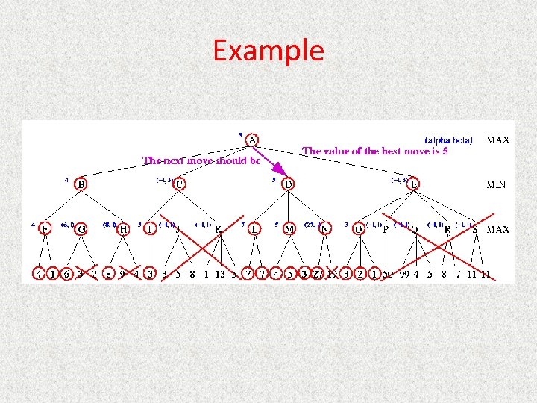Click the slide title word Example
[x=268, y=50]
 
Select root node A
[x=253, y=140]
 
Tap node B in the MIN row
[x=81, y=184]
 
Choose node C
[x=179, y=184]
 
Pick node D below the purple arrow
[x=289, y=184]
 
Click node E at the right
[x=414, y=184]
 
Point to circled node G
[x=81, y=229]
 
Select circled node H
[x=124, y=229]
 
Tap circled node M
[x=289, y=229]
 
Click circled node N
[x=324, y=229]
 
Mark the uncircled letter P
[x=386, y=229]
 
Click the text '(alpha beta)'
[x=448, y=140]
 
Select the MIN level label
[x=497, y=184]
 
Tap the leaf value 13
[x=220, y=274]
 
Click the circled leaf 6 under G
[x=67, y=274]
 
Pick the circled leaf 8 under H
[x=108, y=274]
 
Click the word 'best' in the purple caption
[x=394, y=151]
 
